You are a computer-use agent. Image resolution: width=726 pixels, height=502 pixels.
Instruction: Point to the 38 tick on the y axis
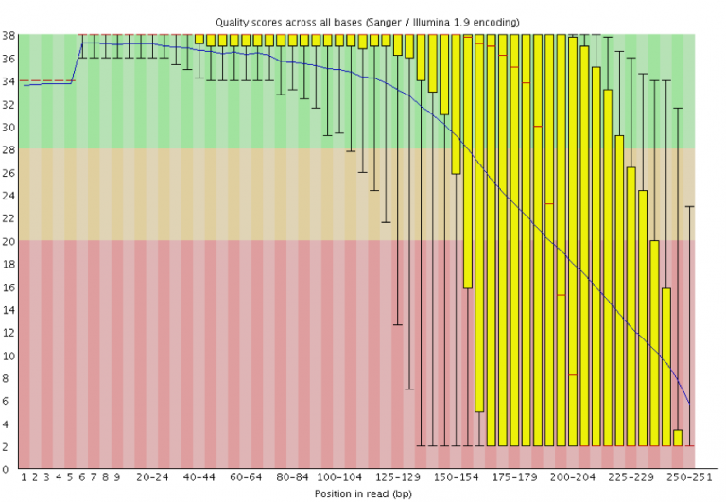point(8,36)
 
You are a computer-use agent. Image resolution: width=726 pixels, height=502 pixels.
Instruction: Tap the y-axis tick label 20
point(8,240)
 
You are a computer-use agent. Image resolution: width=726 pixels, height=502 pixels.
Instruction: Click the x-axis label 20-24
point(152,478)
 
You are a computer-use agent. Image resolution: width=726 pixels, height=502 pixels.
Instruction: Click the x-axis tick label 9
point(117,478)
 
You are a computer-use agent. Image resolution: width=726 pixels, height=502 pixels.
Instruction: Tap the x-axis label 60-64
point(246,478)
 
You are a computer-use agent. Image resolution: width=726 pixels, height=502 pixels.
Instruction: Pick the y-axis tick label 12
point(8,332)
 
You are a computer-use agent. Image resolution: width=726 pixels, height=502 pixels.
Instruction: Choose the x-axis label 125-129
point(398,478)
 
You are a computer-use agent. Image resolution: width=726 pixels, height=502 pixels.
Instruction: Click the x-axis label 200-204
point(573,478)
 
